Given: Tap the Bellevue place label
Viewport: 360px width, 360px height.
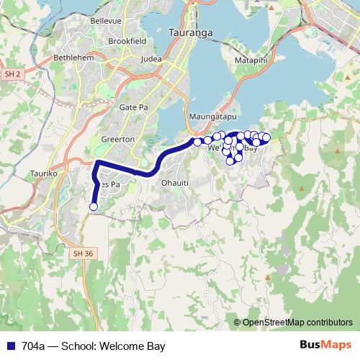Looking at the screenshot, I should click(106, 21).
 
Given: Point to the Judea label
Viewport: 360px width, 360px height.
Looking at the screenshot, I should click(152, 59).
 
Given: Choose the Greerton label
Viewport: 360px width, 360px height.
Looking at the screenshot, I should click(118, 138).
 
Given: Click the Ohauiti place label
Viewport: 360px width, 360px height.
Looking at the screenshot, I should click(175, 182).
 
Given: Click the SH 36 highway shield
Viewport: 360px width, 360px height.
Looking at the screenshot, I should click(84, 253).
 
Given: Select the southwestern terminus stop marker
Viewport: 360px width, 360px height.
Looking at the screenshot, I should click(93, 207).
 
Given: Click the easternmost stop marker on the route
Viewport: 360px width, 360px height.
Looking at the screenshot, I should click(266, 138).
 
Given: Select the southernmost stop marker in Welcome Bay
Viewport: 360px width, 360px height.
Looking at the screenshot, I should click(231, 161).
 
